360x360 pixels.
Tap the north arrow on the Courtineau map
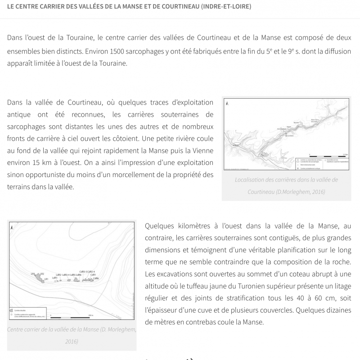coord(227,103)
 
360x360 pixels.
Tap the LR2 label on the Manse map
coord(41,273)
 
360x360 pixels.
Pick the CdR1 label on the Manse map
coord(93,274)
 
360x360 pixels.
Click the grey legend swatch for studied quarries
coord(11,310)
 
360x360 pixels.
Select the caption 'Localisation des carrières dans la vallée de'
coord(286,179)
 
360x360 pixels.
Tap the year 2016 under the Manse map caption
coord(72,341)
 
